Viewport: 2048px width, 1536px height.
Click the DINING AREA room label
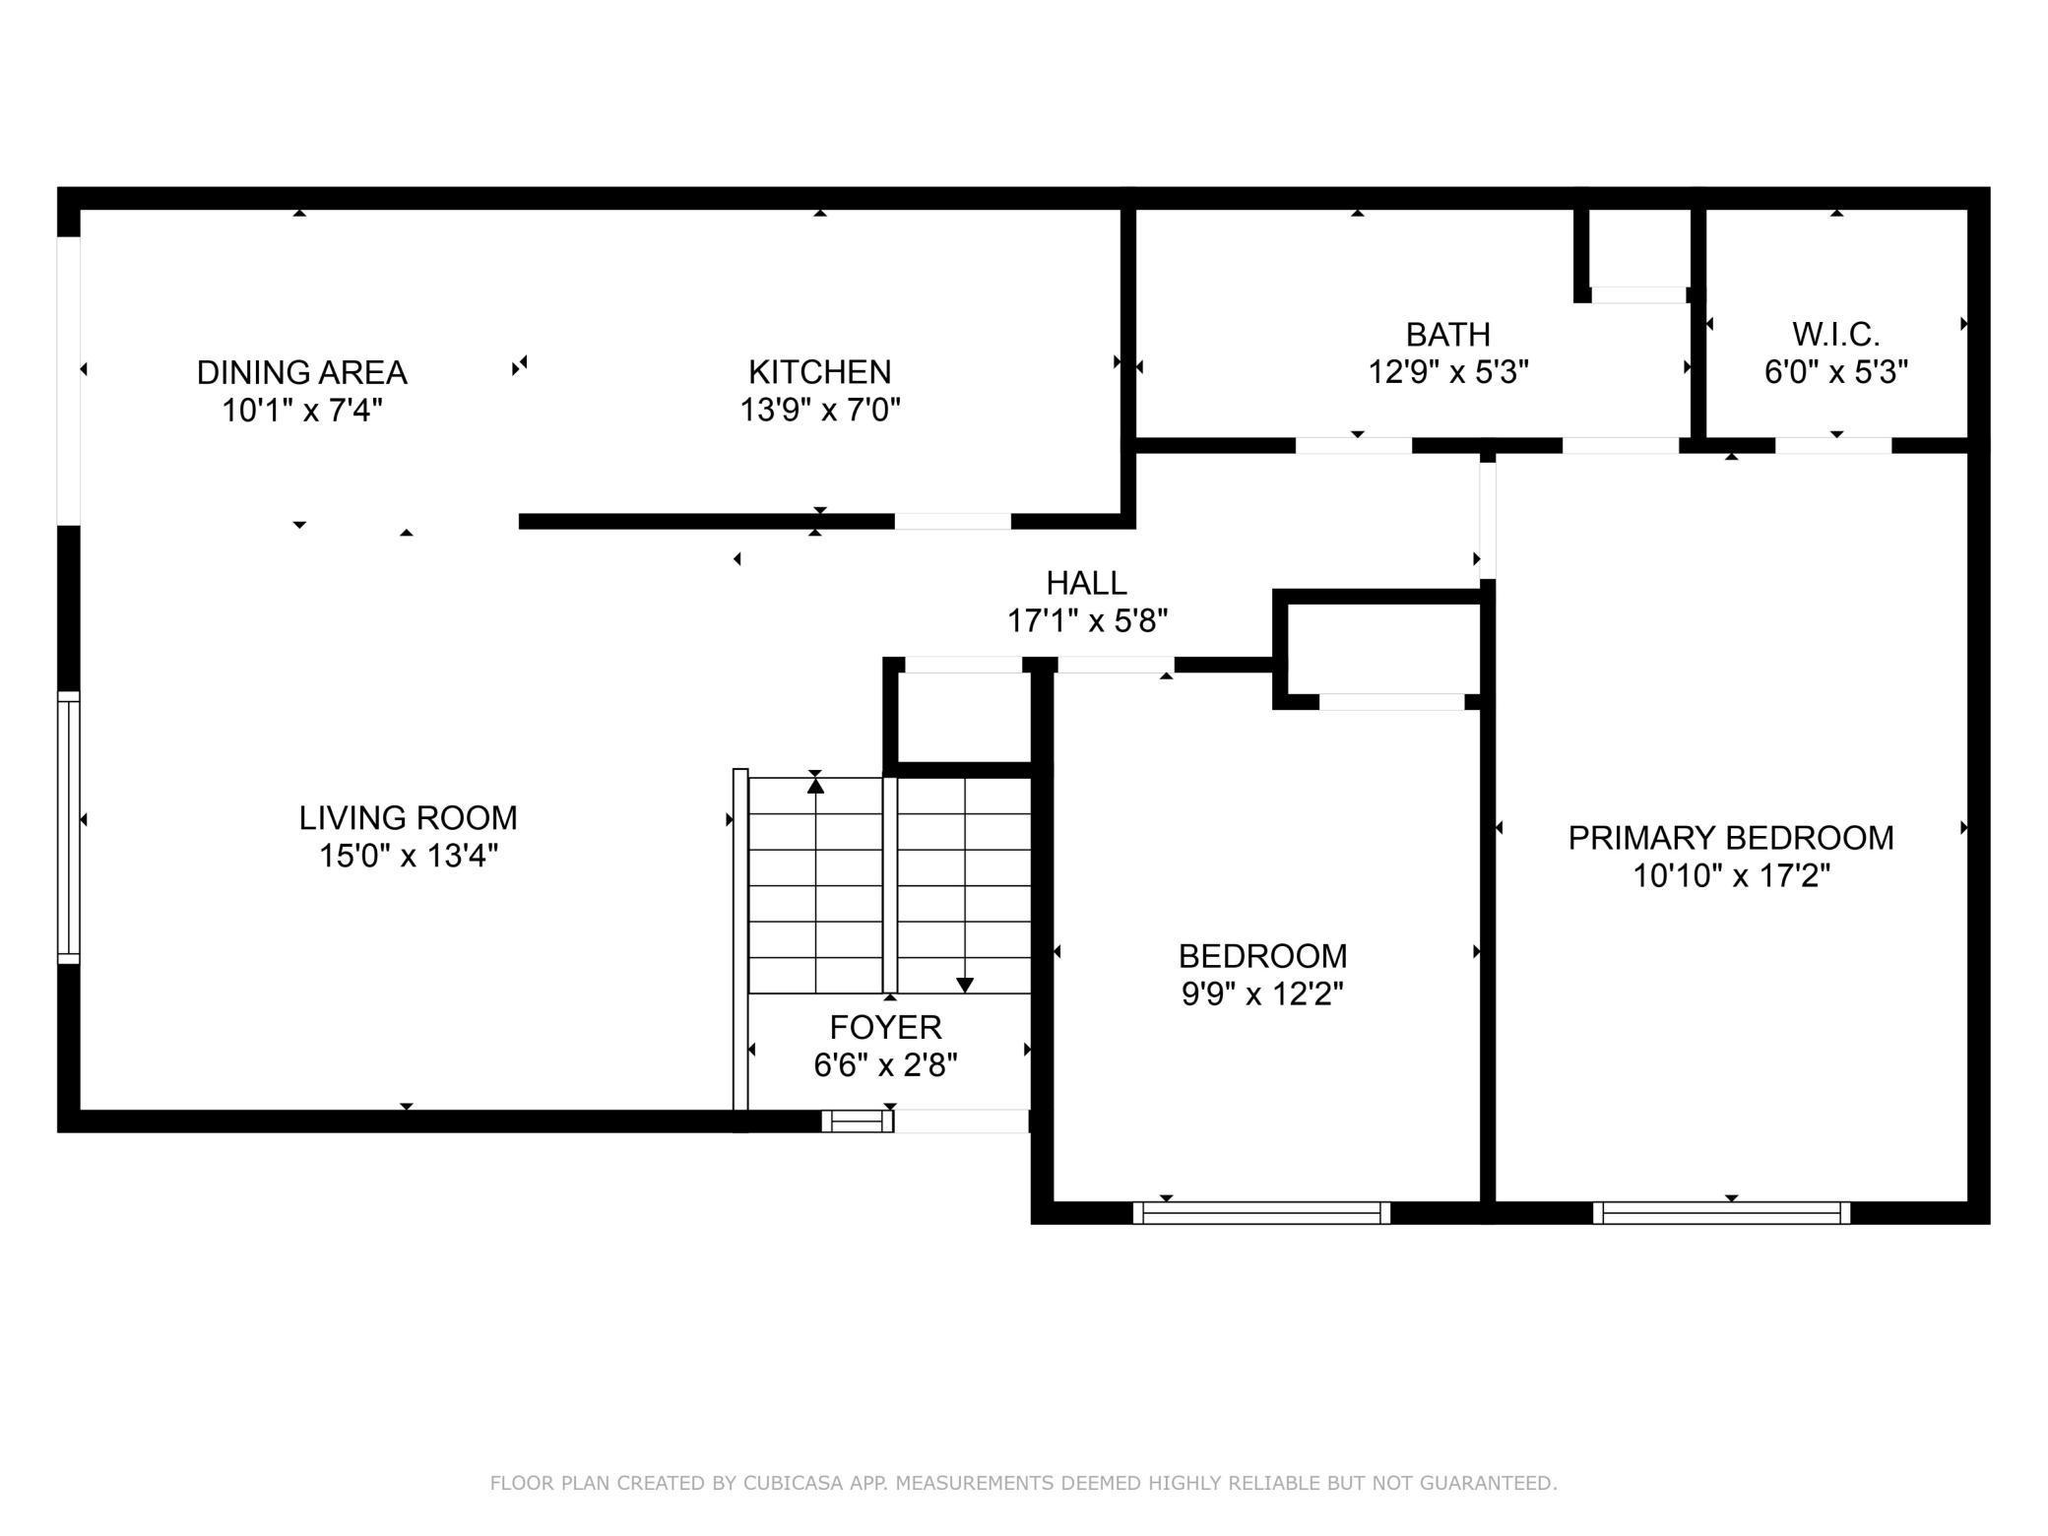pos(301,372)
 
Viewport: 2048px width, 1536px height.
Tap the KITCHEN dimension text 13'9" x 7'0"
pos(820,410)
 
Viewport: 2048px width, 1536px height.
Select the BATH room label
pos(1447,335)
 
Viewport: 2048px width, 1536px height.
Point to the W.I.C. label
pos(1836,335)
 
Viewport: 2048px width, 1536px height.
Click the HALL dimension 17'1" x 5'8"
pos(1087,621)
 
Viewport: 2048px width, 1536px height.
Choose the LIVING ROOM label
pos(408,817)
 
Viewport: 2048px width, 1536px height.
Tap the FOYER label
pos(886,1027)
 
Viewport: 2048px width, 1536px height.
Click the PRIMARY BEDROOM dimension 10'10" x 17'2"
pos(1731,875)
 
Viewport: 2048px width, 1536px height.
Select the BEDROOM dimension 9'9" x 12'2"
pos(1262,994)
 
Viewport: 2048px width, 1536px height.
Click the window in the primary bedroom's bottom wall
pos(1721,1213)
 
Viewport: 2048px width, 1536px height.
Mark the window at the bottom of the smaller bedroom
pos(1261,1213)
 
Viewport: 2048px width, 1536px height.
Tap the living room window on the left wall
pos(68,827)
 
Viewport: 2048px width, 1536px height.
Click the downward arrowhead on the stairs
pos(965,985)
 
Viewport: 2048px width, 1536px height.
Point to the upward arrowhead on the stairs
pos(815,785)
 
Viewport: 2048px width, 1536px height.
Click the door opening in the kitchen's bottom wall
pos(952,522)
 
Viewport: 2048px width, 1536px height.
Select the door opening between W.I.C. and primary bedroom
pos(1833,446)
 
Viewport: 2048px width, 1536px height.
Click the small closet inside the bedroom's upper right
pos(1379,650)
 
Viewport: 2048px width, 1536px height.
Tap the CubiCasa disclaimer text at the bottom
pos(1023,1483)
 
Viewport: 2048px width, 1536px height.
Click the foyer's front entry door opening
pos(961,1120)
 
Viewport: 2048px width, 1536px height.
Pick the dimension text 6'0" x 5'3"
pos(1836,372)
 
